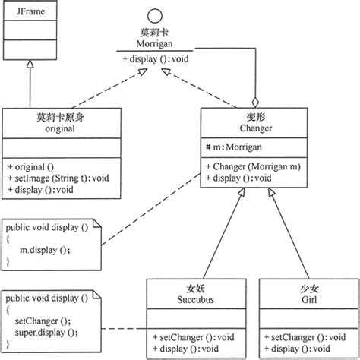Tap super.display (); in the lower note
coord(48,332)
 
